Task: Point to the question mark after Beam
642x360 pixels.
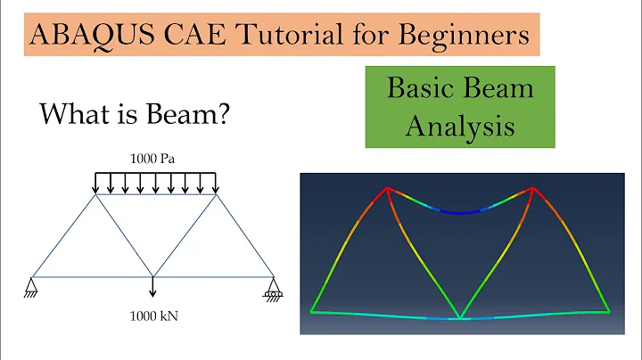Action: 229,115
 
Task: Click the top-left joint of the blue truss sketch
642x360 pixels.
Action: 95,195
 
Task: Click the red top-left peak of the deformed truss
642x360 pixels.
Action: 387,188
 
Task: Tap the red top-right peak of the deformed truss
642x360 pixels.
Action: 533,188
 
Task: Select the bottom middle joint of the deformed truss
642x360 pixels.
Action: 460,317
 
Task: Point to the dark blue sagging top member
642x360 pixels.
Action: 460,211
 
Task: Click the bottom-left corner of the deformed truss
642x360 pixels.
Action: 312,312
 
